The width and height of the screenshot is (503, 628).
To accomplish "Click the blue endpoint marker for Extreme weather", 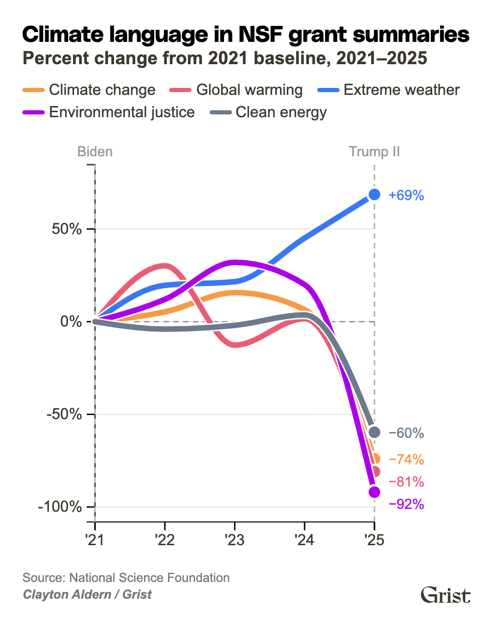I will tap(374, 194).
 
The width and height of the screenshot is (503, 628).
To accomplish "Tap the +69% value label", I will tap(406, 195).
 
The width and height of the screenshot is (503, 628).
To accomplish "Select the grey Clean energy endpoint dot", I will tap(374, 432).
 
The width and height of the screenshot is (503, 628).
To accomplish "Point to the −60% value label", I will tap(406, 433).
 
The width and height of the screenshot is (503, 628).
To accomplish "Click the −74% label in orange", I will tap(406, 460).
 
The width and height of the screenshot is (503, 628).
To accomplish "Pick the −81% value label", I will tap(406, 482).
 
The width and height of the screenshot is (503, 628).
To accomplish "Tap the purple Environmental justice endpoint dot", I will tap(374, 492).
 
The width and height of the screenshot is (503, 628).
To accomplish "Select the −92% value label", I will tap(406, 504).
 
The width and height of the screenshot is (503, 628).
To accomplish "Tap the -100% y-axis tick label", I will tap(60, 507).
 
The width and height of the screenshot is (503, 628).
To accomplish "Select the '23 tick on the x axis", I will tap(234, 540).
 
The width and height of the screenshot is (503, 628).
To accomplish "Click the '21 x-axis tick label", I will tap(95, 540).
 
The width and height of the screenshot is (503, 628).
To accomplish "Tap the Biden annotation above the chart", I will tap(95, 152).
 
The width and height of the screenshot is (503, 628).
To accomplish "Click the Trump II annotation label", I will tap(374, 152).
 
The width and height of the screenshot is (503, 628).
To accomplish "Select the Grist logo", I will tap(445, 595).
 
